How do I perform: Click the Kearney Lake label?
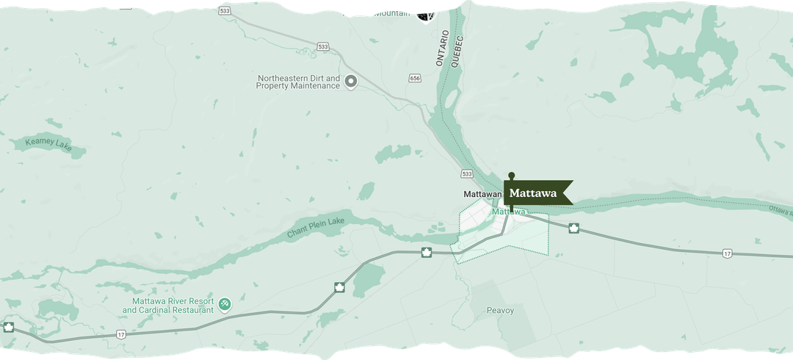(48, 145)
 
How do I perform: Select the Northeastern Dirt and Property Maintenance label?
(298, 82)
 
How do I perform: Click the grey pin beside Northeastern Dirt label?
(351, 82)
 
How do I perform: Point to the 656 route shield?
(415, 77)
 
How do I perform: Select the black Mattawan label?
(482, 195)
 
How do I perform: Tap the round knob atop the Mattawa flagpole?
(512, 175)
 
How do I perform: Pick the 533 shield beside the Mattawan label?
(467, 173)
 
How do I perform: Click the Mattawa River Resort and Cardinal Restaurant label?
(173, 306)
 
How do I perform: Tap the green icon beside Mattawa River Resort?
(225, 303)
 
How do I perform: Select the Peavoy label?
(500, 310)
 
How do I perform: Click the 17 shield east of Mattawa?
(726, 253)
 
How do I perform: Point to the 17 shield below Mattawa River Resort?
(120, 334)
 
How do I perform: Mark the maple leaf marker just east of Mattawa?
(573, 228)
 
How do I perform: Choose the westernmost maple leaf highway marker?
(9, 326)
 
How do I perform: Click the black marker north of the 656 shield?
(425, 15)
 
